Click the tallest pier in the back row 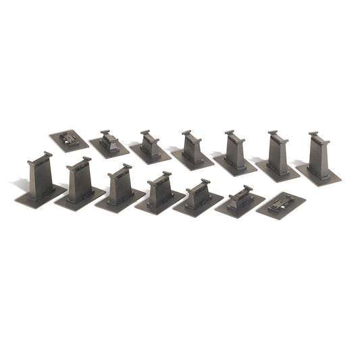[x=319, y=155]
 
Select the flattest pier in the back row [x=68, y=138]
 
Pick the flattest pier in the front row [x=280, y=203]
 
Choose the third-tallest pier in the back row [x=234, y=152]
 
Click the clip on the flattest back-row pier [x=70, y=137]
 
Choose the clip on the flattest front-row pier [x=280, y=201]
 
